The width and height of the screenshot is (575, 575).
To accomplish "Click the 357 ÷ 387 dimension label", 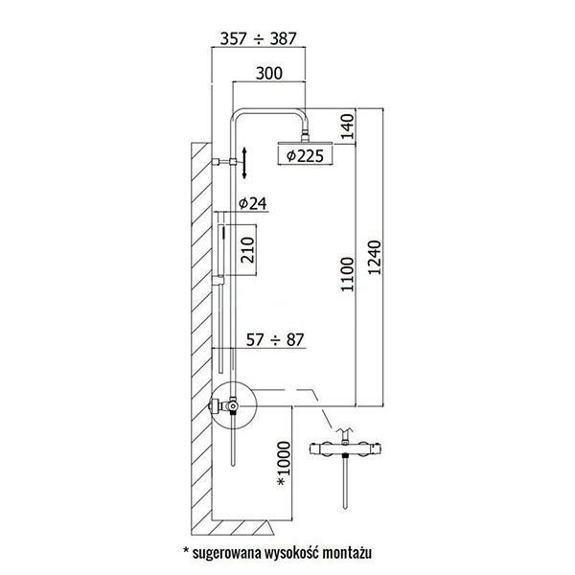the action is tap(258, 38).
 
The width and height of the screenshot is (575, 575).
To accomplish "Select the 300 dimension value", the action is tap(269, 73).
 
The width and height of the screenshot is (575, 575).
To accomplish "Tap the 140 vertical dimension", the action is tap(348, 126).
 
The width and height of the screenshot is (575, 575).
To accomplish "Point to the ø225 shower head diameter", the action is tap(305, 156).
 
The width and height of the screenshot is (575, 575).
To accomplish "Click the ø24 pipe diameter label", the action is tap(253, 203).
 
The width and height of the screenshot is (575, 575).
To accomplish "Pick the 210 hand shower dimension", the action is tap(248, 250).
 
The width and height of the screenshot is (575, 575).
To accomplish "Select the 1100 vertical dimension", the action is tap(348, 275).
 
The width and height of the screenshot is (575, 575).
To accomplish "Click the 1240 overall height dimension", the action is tap(375, 258).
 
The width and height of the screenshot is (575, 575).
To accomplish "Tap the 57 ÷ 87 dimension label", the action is tap(275, 340).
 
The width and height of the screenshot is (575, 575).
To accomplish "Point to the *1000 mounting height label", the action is tap(284, 464).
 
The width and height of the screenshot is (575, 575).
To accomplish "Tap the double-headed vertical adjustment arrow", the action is tap(244, 163).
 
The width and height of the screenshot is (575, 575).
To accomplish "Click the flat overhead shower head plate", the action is tap(305, 143).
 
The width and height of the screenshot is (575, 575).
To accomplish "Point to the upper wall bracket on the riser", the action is tap(224, 162).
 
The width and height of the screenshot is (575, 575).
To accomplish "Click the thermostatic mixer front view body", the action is tap(345, 448).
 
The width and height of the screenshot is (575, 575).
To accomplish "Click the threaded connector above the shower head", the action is tap(305, 135).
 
